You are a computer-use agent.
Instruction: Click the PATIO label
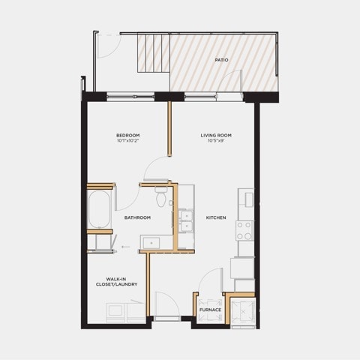tap(221, 60)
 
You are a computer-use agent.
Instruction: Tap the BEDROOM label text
tap(128, 135)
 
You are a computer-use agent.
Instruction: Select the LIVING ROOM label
tap(216, 135)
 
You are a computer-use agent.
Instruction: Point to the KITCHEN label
tap(216, 217)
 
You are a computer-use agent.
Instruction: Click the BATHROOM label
tap(137, 217)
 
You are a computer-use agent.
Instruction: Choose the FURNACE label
tap(210, 310)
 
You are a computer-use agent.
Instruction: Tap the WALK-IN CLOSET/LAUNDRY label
tap(117, 282)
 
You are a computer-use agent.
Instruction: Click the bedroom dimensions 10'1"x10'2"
tap(128, 140)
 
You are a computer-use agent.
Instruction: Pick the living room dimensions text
tap(216, 140)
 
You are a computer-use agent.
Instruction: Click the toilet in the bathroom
tap(161, 196)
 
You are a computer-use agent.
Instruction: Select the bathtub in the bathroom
tap(100, 209)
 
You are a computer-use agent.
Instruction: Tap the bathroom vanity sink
tap(151, 243)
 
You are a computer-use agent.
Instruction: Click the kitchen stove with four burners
tap(244, 231)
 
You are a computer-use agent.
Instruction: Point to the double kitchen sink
tap(187, 221)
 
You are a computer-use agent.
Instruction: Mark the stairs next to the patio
tap(154, 53)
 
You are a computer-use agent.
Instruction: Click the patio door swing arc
tap(229, 80)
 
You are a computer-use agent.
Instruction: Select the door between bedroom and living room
tap(156, 168)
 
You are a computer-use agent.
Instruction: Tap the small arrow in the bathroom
tap(126, 247)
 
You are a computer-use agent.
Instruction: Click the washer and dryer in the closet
tap(126, 313)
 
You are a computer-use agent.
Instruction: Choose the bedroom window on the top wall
tap(130, 96)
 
